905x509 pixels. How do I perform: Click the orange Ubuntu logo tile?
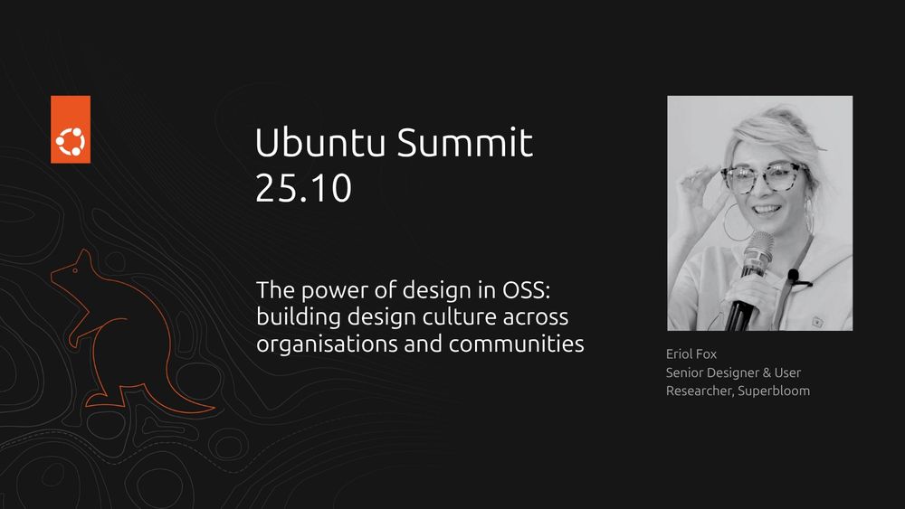71,129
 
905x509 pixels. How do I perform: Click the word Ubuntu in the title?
319,142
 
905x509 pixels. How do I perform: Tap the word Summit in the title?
464,142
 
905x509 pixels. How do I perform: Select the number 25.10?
303,188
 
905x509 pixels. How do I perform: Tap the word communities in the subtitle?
517,344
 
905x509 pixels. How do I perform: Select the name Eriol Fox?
691,353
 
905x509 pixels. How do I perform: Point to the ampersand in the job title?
767,373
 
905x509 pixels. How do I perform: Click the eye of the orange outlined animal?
74,269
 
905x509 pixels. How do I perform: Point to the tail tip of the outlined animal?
214,409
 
